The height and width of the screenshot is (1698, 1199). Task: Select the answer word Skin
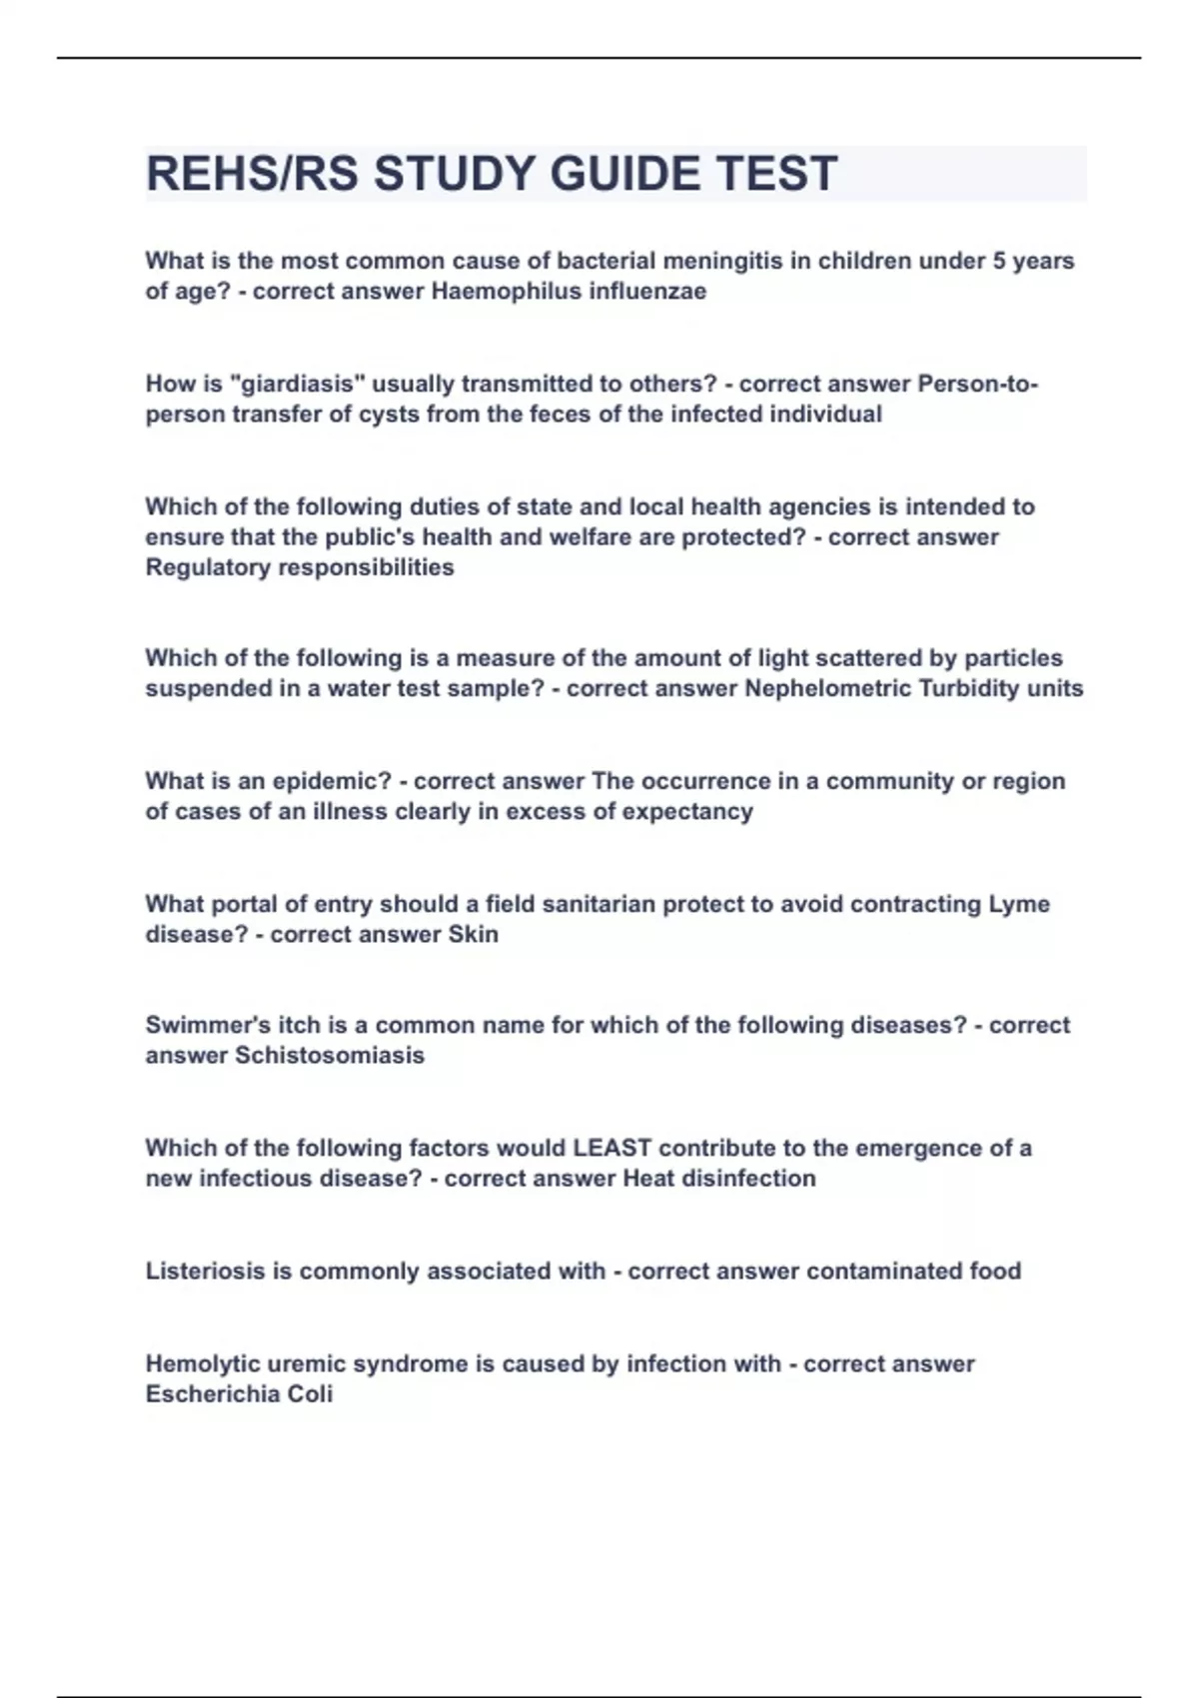tap(474, 934)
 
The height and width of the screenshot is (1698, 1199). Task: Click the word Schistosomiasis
tap(330, 1056)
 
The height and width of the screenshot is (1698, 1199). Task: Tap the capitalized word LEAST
tap(611, 1148)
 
